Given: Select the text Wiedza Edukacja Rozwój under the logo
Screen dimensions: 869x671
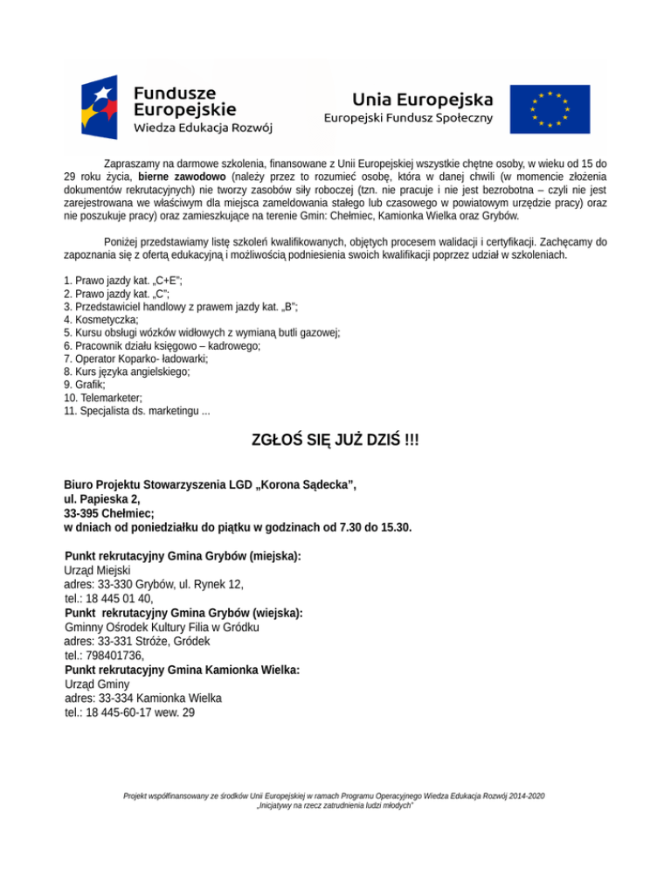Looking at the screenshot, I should coord(203,128).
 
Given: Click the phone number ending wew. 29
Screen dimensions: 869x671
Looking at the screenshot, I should coord(130,713).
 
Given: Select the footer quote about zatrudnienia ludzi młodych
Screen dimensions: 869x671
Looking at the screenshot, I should coord(335,805).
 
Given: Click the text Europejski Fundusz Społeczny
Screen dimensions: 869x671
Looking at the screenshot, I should coord(409,118).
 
